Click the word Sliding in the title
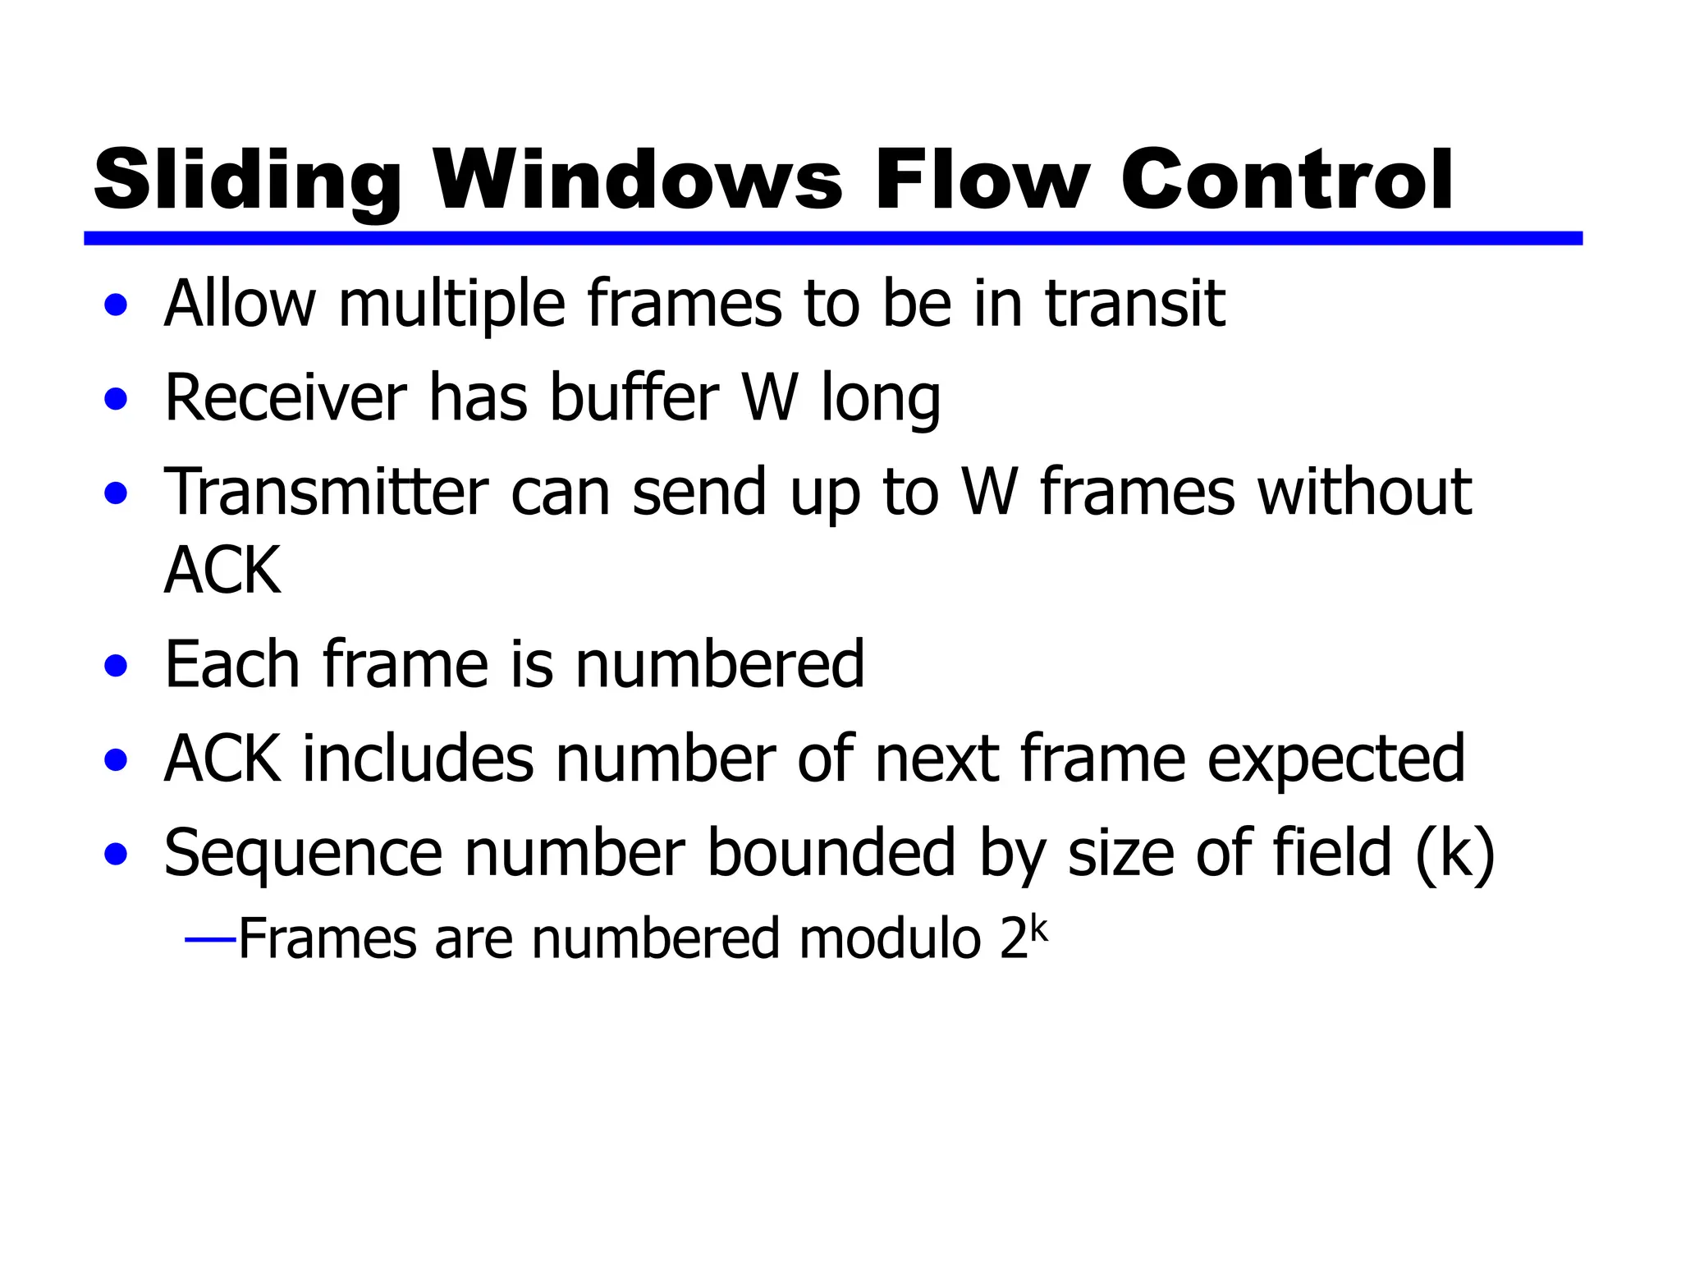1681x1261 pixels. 246,181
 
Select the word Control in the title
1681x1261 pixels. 1286,181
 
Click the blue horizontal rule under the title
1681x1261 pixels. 832,238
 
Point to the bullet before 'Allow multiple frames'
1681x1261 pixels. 117,305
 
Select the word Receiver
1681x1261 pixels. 286,398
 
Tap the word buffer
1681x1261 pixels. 634,398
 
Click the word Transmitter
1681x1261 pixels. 327,493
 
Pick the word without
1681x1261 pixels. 1364,493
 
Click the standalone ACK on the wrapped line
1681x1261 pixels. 222,571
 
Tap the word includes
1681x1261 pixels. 419,759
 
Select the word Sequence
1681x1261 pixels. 302,854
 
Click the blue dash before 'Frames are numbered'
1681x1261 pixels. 211,938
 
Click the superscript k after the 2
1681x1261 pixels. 1039,929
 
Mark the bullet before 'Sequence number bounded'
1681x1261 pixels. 117,854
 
